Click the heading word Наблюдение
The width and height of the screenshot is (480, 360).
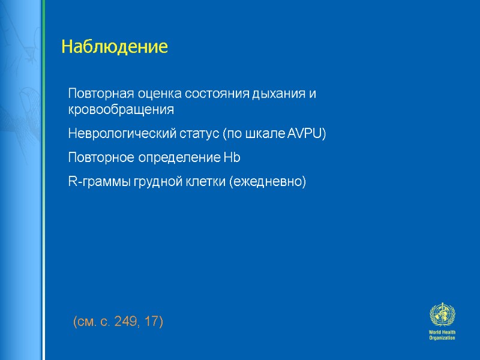[115, 47]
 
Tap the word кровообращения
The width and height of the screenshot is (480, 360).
[121, 110]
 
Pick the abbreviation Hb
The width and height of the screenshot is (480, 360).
[232, 158]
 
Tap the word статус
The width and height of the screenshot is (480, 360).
[200, 133]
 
